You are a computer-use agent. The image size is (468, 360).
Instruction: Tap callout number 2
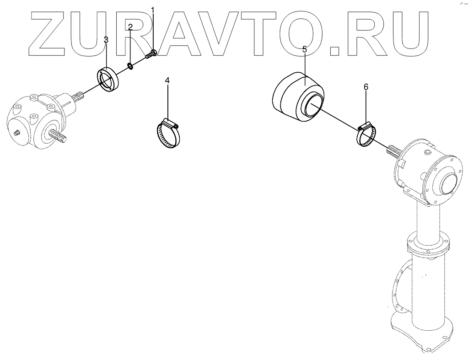pyautogui.click(x=130, y=27)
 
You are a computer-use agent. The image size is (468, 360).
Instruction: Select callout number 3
pyautogui.click(x=106, y=40)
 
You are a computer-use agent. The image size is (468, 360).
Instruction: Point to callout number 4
pyautogui.click(x=167, y=81)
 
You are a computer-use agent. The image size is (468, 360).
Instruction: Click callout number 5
pyautogui.click(x=304, y=48)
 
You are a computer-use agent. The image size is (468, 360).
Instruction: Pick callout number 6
pyautogui.click(x=366, y=86)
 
